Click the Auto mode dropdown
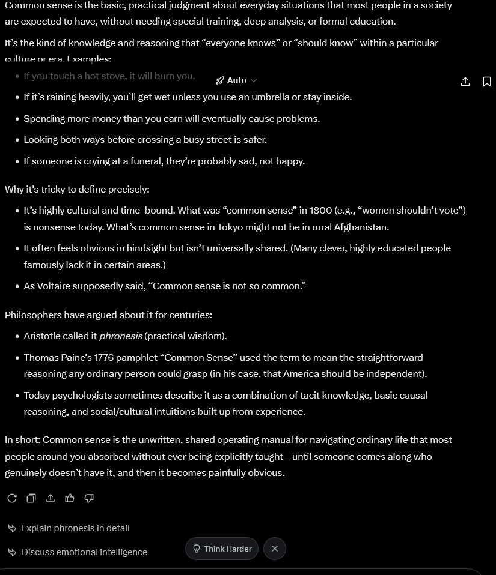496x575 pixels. tap(236, 80)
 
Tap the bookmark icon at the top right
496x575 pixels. tap(487, 82)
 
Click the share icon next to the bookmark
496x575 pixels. tap(465, 82)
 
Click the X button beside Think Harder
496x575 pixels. tap(275, 549)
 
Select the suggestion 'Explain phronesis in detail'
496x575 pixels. tap(75, 528)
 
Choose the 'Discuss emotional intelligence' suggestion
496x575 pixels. tap(84, 552)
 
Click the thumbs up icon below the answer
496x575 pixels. tap(70, 498)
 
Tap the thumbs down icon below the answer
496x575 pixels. tap(89, 498)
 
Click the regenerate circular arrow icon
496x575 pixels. tap(12, 498)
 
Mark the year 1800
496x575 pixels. tap(320, 211)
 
